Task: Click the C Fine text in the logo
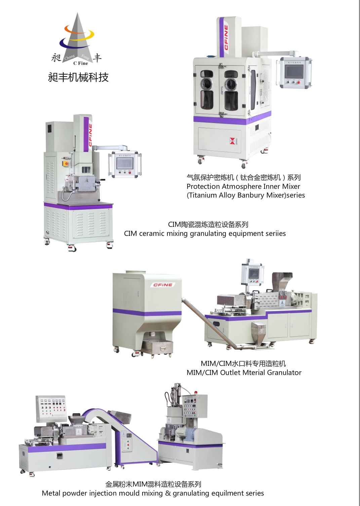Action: [80, 63]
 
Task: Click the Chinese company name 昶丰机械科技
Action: [78, 77]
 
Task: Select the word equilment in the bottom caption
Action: [227, 493]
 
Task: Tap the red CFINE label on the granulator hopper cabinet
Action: [163, 285]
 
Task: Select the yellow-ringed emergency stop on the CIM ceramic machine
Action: [66, 163]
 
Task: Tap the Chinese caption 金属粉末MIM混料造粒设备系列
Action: [153, 484]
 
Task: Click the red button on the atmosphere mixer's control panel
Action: [299, 82]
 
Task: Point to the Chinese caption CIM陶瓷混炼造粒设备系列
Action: [208, 224]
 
